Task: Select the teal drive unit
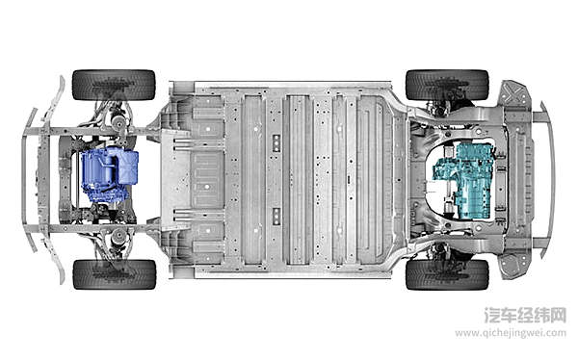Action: pyautogui.click(x=464, y=181)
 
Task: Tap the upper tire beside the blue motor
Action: pyautogui.click(x=114, y=85)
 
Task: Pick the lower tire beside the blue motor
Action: pyautogui.click(x=115, y=274)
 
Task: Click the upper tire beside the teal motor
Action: pyautogui.click(x=447, y=85)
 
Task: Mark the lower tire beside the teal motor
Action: pyautogui.click(x=447, y=274)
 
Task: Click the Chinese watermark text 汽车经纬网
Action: pyautogui.click(x=525, y=316)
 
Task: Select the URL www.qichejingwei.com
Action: pyautogui.click(x=511, y=333)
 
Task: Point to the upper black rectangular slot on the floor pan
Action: pyautogui.click(x=276, y=143)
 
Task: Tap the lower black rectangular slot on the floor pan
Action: pyautogui.click(x=276, y=217)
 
